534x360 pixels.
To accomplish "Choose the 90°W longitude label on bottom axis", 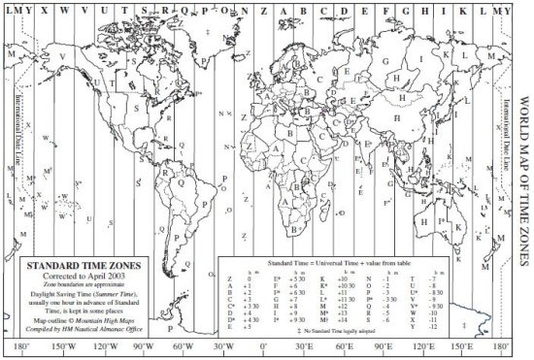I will coord(143,346).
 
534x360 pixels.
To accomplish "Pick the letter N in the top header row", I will coord(246,9).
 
